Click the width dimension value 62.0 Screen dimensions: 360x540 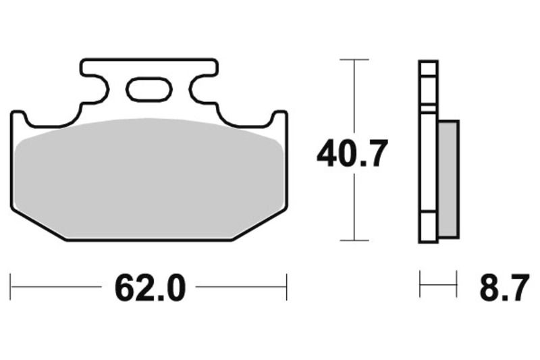pyautogui.click(x=149, y=288)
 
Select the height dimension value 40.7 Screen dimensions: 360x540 pyautogui.click(x=352, y=154)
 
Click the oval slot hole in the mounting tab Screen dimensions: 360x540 pyautogui.click(x=149, y=90)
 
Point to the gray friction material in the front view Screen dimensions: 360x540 pyautogui.click(x=149, y=179)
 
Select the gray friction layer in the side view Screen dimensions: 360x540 pyautogui.click(x=448, y=179)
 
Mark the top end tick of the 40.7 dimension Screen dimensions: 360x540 pyautogui.click(x=353, y=60)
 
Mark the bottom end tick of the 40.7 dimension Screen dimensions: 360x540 pyautogui.click(x=353, y=240)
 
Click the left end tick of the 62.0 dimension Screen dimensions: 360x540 pyautogui.click(x=11, y=286)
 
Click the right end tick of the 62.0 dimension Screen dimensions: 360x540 pyautogui.click(x=287, y=286)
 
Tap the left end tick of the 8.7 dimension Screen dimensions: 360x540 pyautogui.click(x=420, y=284)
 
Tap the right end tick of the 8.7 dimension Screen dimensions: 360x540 pyautogui.click(x=457, y=284)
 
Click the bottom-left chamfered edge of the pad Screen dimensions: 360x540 pyautogui.click(x=37, y=224)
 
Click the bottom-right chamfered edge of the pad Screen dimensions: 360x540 pyautogui.click(x=261, y=224)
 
